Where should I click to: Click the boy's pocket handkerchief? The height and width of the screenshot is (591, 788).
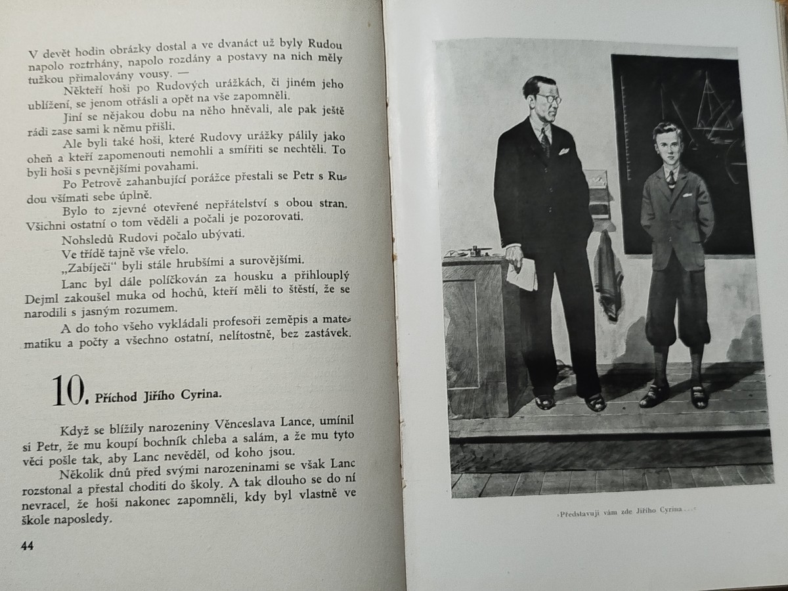(687, 195)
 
